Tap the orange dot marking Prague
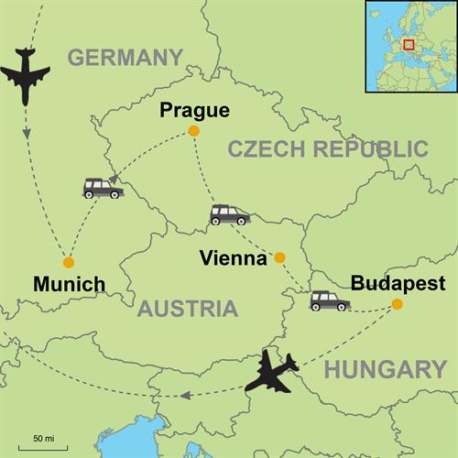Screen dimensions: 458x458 [193, 132]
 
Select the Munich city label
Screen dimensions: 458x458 [69, 284]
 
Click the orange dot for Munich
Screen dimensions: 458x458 [69, 261]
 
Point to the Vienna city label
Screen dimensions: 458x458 [233, 258]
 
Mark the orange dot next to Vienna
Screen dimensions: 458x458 [280, 257]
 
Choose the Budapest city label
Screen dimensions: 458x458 [397, 282]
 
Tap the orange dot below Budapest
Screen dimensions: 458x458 [397, 304]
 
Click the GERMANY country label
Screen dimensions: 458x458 [125, 58]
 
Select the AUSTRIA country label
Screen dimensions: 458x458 [187, 309]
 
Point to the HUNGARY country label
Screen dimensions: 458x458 [386, 369]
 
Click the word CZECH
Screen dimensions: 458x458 [267, 149]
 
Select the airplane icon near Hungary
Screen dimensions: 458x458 [272, 371]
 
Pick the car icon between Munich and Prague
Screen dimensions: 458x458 [103, 188]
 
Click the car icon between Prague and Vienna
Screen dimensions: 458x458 [229, 214]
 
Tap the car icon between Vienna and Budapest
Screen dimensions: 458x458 [329, 300]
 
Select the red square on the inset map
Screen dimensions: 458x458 [409, 43]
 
